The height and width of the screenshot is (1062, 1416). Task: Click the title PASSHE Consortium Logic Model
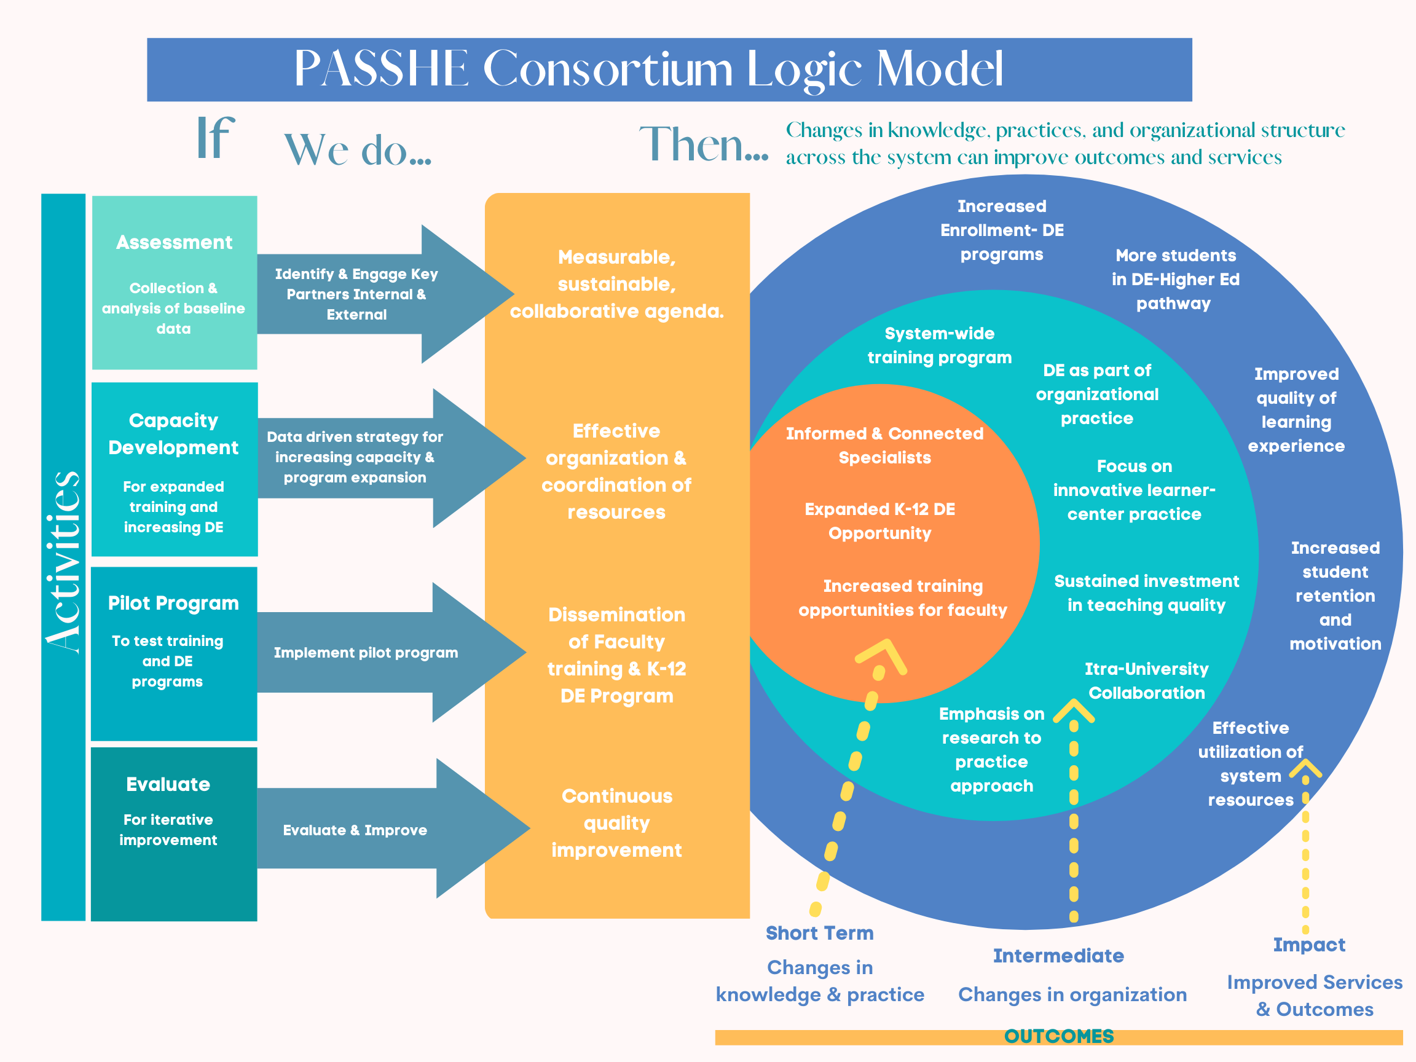coord(648,69)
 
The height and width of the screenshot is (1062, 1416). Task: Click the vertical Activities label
coord(63,562)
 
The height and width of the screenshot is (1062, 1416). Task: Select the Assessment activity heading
coord(174,243)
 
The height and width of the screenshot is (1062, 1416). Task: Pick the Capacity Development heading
coord(173,434)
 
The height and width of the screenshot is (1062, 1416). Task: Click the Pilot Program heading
coord(173,603)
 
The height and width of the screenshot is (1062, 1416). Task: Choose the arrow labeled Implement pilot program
coord(366,652)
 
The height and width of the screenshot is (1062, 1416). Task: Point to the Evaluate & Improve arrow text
coord(355,830)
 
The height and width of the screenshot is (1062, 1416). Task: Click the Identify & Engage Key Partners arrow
coord(356,294)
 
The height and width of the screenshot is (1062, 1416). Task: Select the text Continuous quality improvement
coord(616,822)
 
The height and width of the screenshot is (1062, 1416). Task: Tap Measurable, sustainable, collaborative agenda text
coord(616,284)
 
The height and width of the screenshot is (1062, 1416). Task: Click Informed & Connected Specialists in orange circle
coord(884,446)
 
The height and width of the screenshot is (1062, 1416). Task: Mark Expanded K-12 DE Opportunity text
coord(879,521)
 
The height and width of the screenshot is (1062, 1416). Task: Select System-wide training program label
coord(939,345)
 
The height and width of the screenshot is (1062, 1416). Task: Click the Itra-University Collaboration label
coord(1146,681)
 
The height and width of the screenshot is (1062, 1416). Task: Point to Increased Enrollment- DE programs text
coord(1002,230)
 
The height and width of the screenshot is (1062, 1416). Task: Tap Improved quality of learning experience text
coord(1296,410)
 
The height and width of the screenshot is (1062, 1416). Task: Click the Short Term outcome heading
coord(819,934)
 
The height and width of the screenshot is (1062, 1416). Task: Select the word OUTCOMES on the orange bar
coord(1059,1036)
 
